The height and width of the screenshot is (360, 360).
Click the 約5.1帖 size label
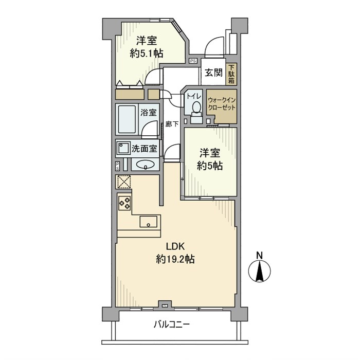pyautogui.click(x=147, y=53)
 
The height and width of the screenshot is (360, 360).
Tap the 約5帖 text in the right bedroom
pyautogui.click(x=211, y=166)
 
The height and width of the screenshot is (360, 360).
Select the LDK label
pyautogui.click(x=175, y=245)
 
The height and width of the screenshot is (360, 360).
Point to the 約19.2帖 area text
pyautogui.click(x=175, y=260)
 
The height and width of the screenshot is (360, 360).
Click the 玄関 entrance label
pyautogui.click(x=213, y=73)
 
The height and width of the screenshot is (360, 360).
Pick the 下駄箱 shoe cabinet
pyautogui.click(x=231, y=74)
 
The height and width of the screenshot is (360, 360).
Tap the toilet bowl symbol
pyautogui.click(x=196, y=108)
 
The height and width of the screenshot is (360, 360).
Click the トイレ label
pyautogui.click(x=193, y=96)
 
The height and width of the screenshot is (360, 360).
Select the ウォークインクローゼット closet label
pyautogui.click(x=221, y=104)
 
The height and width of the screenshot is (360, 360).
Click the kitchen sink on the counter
pyautogui.click(x=149, y=222)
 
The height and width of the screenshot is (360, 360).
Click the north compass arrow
pyautogui.click(x=260, y=271)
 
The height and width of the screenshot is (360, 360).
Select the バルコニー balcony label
pyautogui.click(x=172, y=325)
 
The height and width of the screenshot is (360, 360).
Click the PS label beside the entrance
pyautogui.click(x=193, y=61)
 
